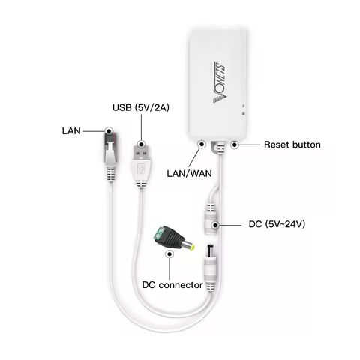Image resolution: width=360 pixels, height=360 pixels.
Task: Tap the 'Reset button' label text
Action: point(292,144)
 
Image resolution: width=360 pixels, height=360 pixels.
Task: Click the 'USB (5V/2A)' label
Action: point(142,107)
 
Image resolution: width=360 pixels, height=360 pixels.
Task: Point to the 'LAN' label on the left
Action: point(71,130)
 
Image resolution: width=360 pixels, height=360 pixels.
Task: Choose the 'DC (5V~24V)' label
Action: point(278,224)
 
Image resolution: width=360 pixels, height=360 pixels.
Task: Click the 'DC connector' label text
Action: point(172,285)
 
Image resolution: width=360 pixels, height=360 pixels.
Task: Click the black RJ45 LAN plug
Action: point(109,150)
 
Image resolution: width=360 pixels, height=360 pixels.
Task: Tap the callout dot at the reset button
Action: point(235,143)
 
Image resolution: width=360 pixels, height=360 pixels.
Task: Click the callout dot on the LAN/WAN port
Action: point(201,143)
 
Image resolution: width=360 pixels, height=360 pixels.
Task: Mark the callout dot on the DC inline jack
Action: point(215,224)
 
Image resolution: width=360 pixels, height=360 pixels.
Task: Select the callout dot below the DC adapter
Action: point(171,254)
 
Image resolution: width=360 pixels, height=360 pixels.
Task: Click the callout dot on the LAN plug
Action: point(109,130)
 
